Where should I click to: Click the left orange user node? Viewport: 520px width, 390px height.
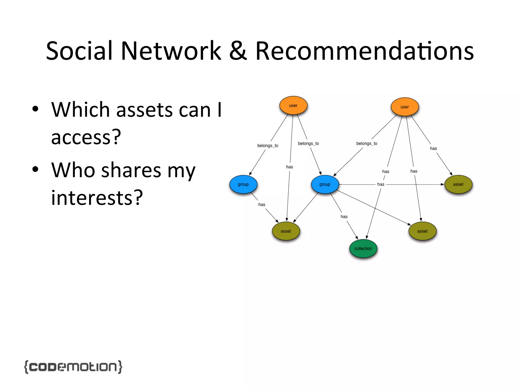pyautogui.click(x=293, y=105)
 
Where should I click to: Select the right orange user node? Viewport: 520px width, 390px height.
pyautogui.click(x=404, y=107)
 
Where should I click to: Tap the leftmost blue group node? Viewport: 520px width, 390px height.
pyautogui.click(x=243, y=184)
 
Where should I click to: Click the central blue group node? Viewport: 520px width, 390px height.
pyautogui.click(x=325, y=184)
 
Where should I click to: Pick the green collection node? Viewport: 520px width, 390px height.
pyautogui.click(x=363, y=249)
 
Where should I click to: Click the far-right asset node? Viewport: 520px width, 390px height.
pyautogui.click(x=458, y=184)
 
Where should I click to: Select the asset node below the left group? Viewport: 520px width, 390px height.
pyautogui.click(x=286, y=231)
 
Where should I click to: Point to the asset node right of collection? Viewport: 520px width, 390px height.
pyautogui.click(x=422, y=231)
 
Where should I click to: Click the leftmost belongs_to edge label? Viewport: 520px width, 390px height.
pyautogui.click(x=268, y=145)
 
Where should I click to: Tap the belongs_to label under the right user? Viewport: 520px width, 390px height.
pyautogui.click(x=367, y=143)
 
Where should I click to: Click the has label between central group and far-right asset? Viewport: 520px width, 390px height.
pyautogui.click(x=381, y=184)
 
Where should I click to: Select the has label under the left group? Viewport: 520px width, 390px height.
pyautogui.click(x=262, y=204)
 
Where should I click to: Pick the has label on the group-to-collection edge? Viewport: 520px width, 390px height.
pyautogui.click(x=344, y=217)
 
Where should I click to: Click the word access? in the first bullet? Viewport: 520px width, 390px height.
pyautogui.click(x=86, y=137)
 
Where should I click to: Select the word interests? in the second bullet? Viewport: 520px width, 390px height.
pyautogui.click(x=97, y=198)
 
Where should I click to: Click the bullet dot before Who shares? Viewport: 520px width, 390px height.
pyautogui.click(x=35, y=169)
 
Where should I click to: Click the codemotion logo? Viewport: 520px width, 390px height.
pyautogui.click(x=73, y=367)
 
